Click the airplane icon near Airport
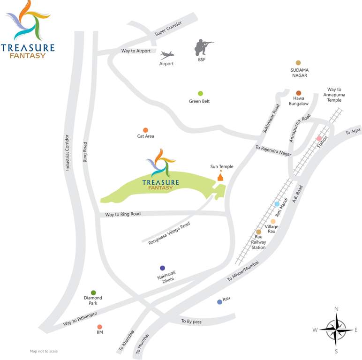[166, 54]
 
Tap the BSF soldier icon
[203, 47]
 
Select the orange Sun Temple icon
[220, 176]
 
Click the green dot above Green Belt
[200, 93]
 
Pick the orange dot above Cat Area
[145, 130]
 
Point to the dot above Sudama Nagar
[298, 62]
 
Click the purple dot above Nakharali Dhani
[162, 268]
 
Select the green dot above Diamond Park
[93, 293]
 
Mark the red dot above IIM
[99, 327]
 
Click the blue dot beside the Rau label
[219, 302]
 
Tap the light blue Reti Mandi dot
[277, 204]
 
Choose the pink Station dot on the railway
[319, 138]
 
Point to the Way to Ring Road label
[123, 214]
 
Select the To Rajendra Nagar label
[273, 150]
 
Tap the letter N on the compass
[336, 309]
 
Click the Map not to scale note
[44, 351]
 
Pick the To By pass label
[191, 322]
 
